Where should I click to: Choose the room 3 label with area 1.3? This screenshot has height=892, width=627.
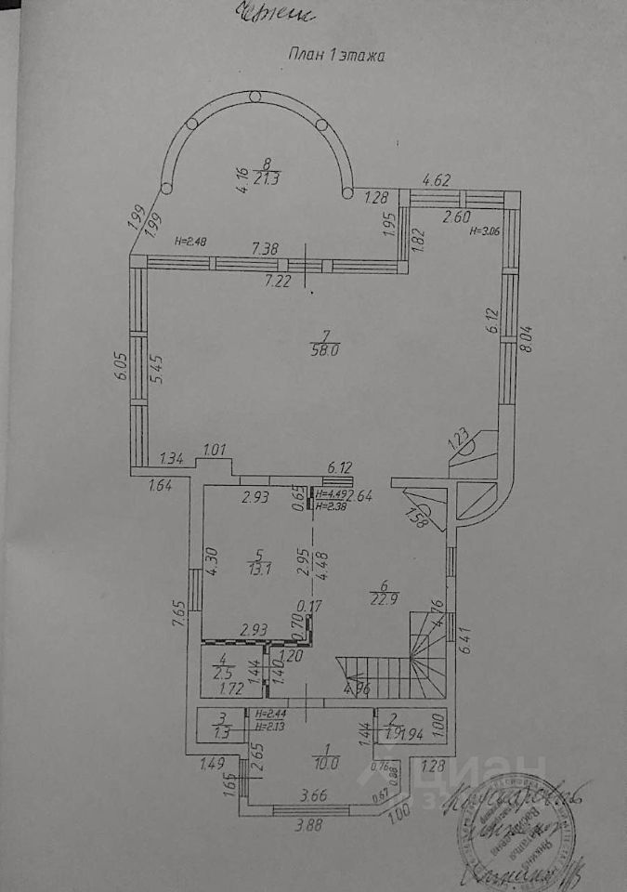[221, 724]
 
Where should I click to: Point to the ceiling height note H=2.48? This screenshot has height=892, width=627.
[191, 243]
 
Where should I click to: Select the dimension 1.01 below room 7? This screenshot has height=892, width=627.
[215, 451]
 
